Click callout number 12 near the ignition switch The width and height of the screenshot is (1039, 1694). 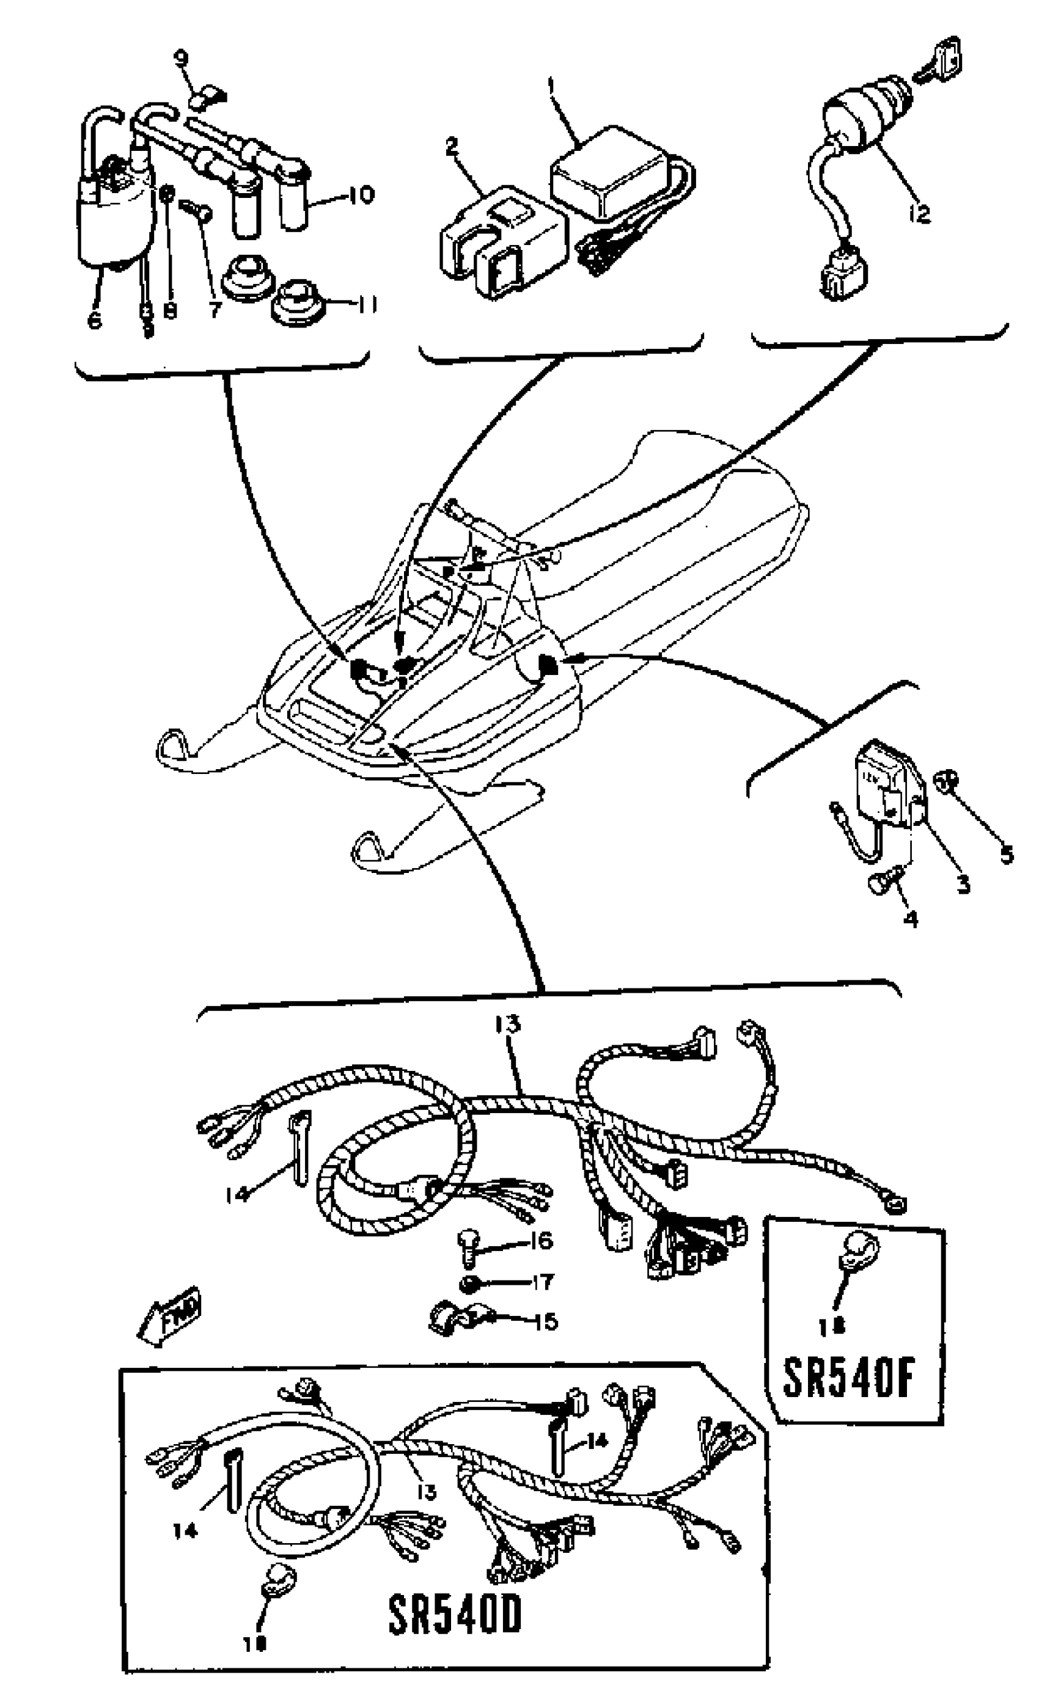(918, 213)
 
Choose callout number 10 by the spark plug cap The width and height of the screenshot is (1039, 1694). (358, 194)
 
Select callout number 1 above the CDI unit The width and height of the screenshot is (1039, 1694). (551, 86)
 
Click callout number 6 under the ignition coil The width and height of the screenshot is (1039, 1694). (95, 319)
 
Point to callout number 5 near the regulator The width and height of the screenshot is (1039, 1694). (1006, 855)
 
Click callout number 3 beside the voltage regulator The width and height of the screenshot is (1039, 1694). (964, 884)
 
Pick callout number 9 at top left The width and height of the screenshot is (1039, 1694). (182, 60)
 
